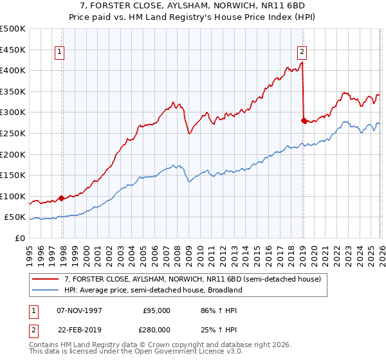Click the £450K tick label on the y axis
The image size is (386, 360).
point(13,50)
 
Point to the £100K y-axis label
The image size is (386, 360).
point(13,196)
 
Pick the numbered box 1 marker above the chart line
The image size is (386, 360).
point(60,53)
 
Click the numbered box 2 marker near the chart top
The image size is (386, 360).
point(302,53)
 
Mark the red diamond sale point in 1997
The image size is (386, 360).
point(62,198)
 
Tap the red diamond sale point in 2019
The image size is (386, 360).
point(304,120)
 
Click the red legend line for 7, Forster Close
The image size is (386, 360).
point(46,278)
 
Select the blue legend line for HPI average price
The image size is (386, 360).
point(46,290)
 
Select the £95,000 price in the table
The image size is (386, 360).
point(156,310)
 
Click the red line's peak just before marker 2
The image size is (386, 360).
point(302,63)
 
